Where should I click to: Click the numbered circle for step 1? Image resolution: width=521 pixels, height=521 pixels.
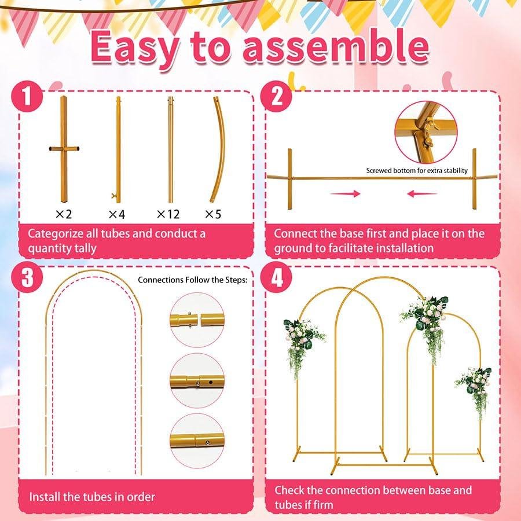(27, 96)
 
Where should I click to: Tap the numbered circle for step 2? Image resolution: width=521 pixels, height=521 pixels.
(277, 96)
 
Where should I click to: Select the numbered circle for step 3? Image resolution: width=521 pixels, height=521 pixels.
(27, 277)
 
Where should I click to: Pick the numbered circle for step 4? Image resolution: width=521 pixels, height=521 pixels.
(277, 277)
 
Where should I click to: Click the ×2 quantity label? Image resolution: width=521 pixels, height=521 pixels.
(64, 214)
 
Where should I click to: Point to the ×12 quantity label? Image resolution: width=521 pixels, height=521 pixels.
(168, 214)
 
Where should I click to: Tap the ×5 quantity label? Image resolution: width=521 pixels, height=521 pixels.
(213, 214)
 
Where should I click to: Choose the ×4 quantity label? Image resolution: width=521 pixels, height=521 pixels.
(116, 214)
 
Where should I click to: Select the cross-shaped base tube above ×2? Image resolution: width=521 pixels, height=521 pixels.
(64, 149)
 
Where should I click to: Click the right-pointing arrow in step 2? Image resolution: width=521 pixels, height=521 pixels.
(346, 193)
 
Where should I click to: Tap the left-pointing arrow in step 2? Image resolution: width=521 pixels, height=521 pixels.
(422, 193)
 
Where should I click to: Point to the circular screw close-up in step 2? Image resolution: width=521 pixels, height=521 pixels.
(426, 132)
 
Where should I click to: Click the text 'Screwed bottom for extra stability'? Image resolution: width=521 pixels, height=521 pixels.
(417, 170)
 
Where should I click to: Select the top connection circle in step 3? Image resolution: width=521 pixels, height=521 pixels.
(197, 320)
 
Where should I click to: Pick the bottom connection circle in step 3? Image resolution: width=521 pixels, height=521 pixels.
(197, 441)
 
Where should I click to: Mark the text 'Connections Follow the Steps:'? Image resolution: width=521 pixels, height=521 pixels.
(193, 280)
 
